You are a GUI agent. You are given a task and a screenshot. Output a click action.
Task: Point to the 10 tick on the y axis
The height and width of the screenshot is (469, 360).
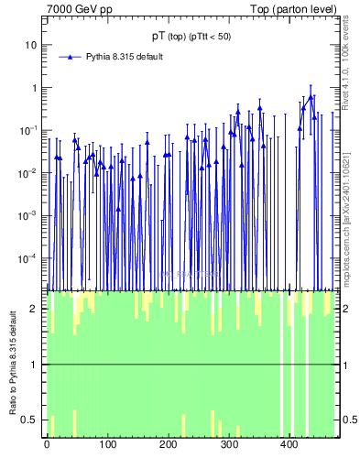click(31, 45)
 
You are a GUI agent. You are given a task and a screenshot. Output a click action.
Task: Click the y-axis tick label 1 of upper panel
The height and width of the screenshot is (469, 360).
click(34, 88)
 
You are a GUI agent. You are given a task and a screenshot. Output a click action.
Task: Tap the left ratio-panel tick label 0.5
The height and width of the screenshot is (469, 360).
click(31, 420)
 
